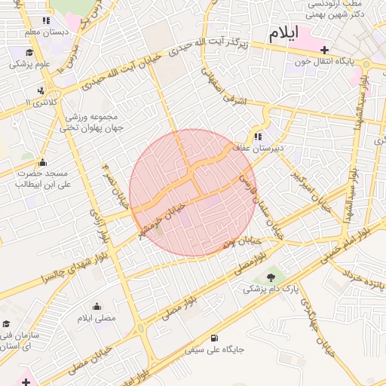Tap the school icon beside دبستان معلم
(x=46, y=21)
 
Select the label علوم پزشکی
(x=30, y=64)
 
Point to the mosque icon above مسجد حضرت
(x=42, y=162)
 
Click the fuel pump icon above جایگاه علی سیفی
(x=216, y=338)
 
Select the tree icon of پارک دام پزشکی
(x=271, y=278)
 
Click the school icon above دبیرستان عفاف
(x=259, y=136)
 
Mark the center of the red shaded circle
(x=192, y=192)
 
